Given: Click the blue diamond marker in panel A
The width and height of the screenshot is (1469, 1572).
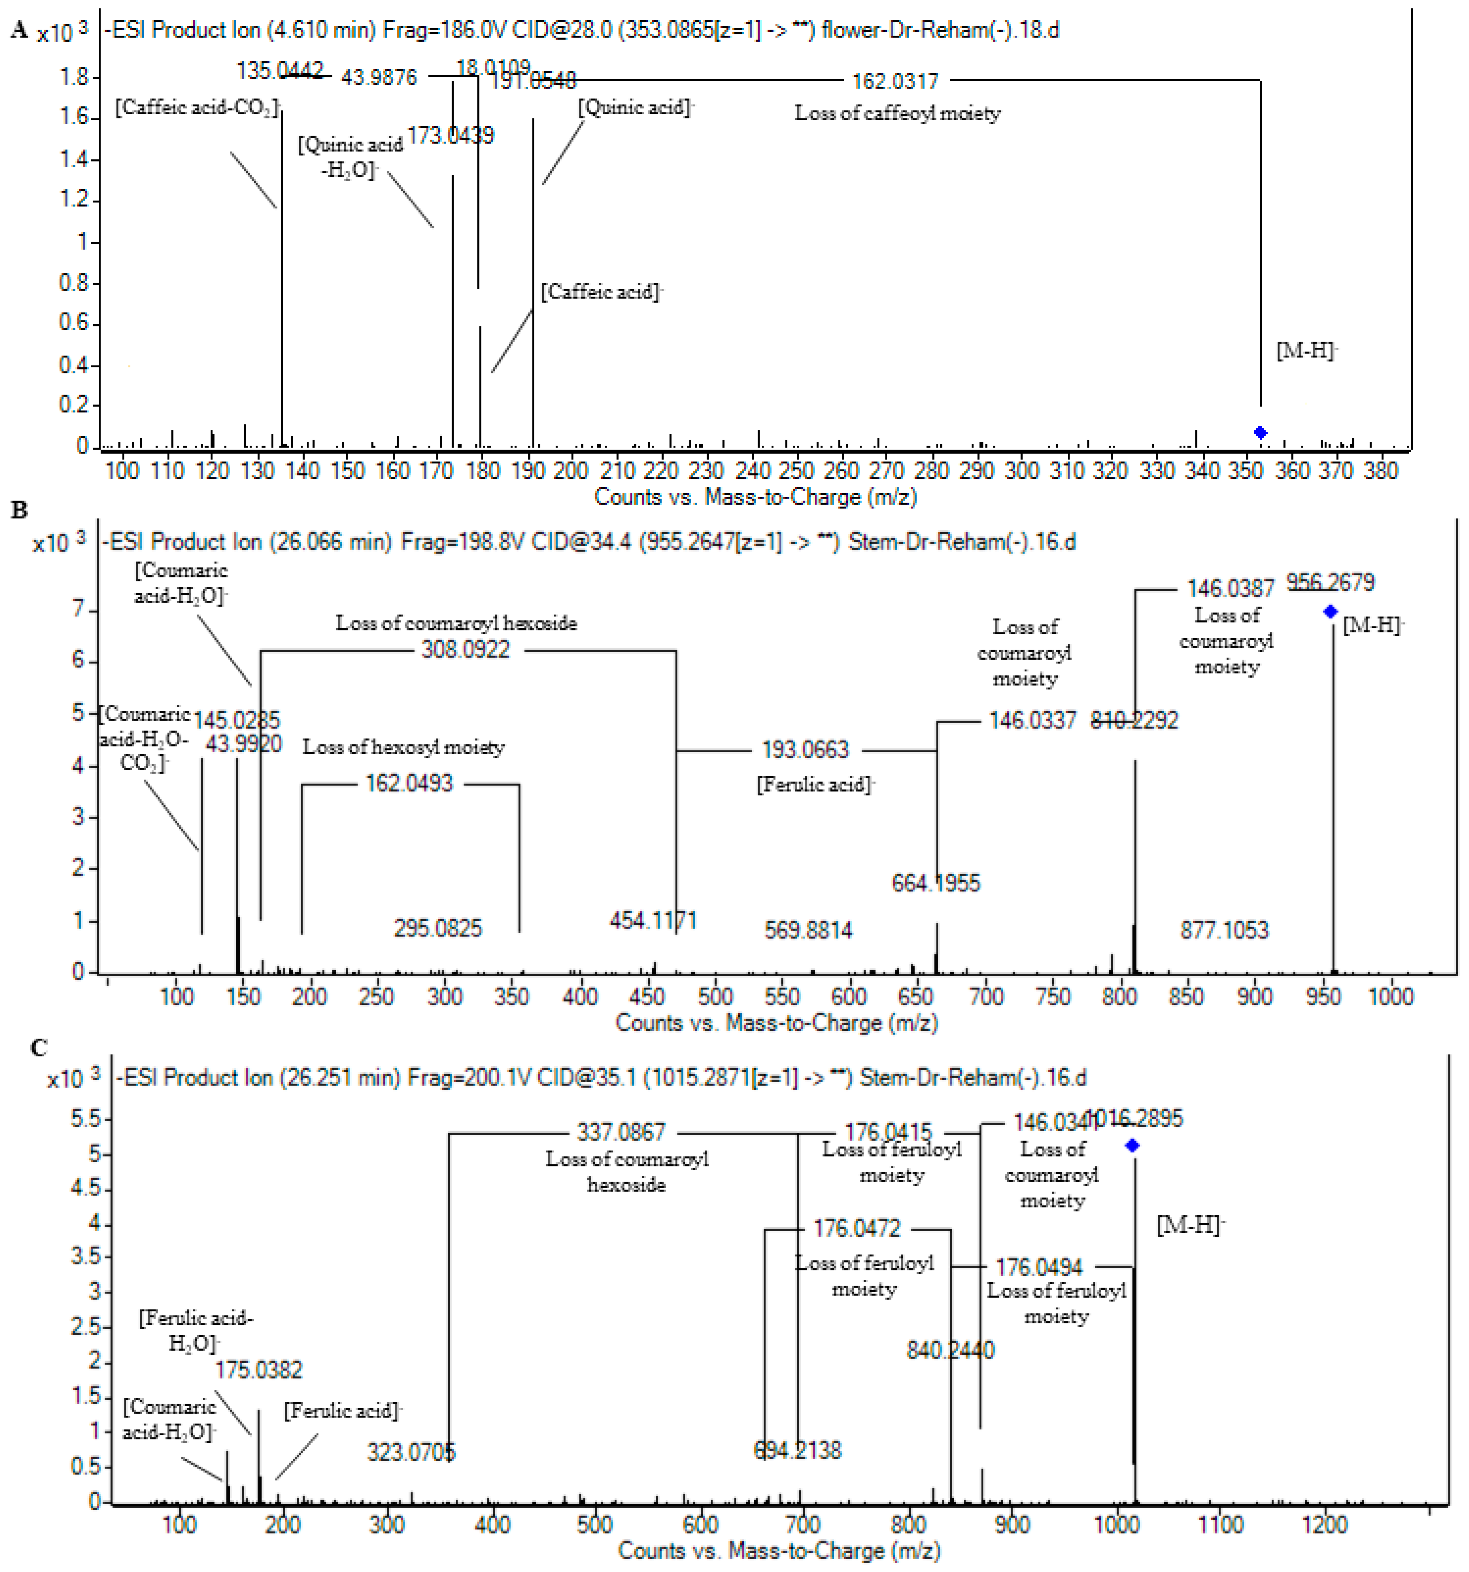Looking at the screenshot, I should coord(1260,432).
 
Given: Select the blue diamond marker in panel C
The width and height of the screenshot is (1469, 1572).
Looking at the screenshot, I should coord(1132,1145).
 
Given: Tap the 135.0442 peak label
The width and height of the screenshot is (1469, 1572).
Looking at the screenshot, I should coord(280,71).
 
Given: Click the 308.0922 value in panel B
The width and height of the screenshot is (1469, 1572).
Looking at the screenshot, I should coord(466,650).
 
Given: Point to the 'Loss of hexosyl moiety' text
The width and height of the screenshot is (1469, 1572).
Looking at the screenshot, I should coord(403,747).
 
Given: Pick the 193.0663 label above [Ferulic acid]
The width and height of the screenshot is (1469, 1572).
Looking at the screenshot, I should coord(805,750).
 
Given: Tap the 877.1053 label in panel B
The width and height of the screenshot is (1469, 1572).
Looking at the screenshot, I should coord(1224,930).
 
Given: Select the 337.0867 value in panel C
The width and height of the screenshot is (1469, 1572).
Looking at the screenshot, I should coord(621,1132).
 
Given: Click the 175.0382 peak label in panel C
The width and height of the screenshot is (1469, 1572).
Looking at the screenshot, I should coord(258,1370).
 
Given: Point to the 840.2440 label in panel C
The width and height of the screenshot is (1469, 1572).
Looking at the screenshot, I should coord(950,1350).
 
